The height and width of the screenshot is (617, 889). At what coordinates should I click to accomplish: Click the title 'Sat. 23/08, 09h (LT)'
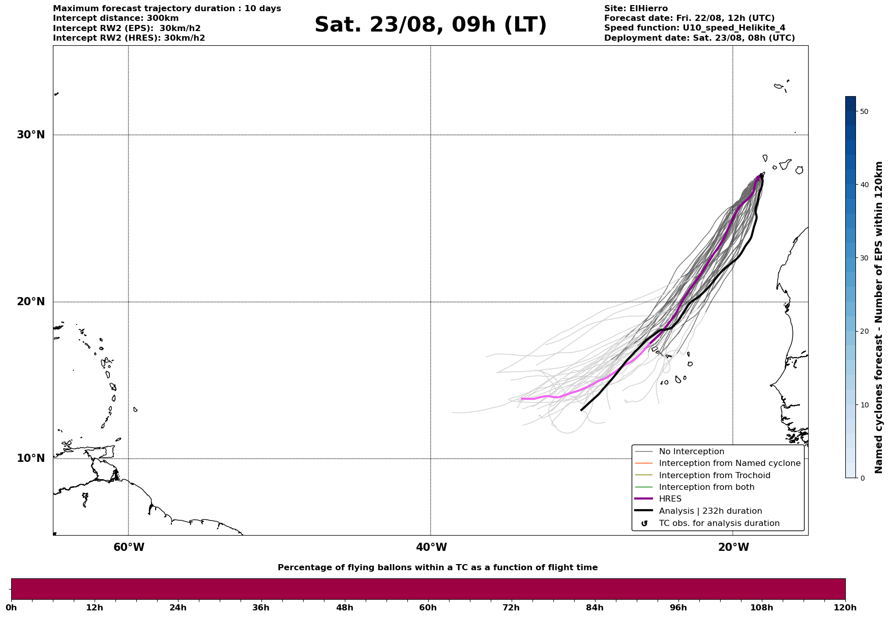coord(430,25)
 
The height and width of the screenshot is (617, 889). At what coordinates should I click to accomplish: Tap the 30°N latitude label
coord(31,135)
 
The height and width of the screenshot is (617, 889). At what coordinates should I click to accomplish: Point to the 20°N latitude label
coord(31,302)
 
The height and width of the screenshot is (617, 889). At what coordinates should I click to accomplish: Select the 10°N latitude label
coord(31,458)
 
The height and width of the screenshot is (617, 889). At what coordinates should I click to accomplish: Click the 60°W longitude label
coord(129,547)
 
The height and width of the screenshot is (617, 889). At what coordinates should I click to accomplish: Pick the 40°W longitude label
coord(431,547)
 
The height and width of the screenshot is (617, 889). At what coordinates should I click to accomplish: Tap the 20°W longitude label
coord(733,547)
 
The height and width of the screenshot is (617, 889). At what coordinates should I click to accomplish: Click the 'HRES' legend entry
coord(670,499)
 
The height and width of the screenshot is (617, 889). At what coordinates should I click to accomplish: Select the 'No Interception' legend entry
coord(691,452)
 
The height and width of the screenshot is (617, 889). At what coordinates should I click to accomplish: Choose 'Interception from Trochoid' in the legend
coord(714,476)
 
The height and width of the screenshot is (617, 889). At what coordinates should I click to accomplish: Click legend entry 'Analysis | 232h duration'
coord(710,511)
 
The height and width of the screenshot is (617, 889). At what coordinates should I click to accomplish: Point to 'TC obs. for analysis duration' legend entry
coord(719,523)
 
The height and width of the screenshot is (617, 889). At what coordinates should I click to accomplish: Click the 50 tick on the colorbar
coord(864,111)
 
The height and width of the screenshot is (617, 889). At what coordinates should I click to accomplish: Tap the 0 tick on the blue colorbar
coord(862,478)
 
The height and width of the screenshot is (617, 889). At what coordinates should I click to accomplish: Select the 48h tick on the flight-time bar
coord(344,607)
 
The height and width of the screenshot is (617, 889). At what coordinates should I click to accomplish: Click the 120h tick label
coord(845,607)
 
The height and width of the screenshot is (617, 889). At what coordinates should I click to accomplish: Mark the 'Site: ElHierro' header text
coord(636,9)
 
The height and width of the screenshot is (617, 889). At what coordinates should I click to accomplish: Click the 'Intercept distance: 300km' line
coord(115,18)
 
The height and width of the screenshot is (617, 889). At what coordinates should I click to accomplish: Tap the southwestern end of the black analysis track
coord(581,410)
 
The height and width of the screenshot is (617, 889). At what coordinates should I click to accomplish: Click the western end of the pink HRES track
coord(522,399)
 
